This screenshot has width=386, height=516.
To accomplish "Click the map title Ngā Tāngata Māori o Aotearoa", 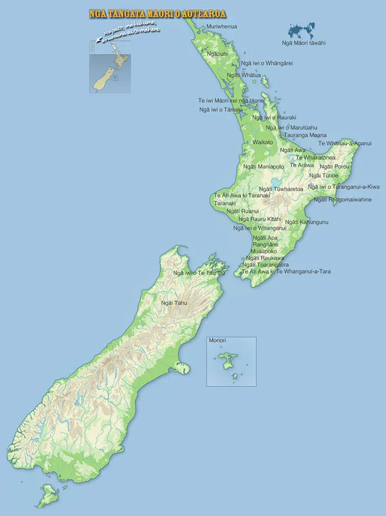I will tap(158, 13).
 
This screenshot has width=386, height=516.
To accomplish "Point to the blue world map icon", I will tap(305, 30).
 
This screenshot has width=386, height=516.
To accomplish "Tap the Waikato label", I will tap(263, 142).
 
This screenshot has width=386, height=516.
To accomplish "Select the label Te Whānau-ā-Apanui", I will tap(344, 143).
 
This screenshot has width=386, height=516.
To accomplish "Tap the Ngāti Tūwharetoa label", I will tap(281, 189).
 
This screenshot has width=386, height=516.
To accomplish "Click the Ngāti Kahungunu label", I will tap(306, 222).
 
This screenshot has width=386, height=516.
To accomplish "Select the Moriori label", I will tap(217, 340).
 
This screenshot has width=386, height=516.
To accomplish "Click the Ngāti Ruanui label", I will tap(242, 211).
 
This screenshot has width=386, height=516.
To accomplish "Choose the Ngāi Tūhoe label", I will tap(323, 175).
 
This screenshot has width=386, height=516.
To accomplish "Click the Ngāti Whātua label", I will tap(243, 75).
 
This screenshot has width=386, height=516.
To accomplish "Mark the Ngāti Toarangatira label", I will tap(266, 264).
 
